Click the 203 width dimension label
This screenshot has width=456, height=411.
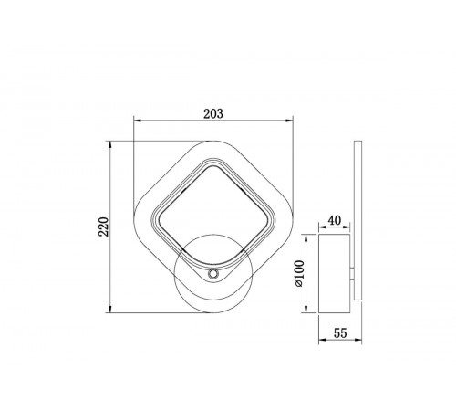(213, 113)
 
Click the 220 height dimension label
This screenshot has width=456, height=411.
(103, 227)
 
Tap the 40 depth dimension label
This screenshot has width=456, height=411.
(335, 220)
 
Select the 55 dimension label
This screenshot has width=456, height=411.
(340, 333)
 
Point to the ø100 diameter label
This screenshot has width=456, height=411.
(299, 273)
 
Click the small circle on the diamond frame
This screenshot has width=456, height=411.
(212, 274)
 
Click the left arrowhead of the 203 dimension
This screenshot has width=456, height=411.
(138, 121)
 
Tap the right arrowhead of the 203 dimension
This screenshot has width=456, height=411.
(289, 121)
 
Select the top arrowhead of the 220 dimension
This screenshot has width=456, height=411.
(110, 144)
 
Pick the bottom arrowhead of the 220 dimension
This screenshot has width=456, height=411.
(110, 309)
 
